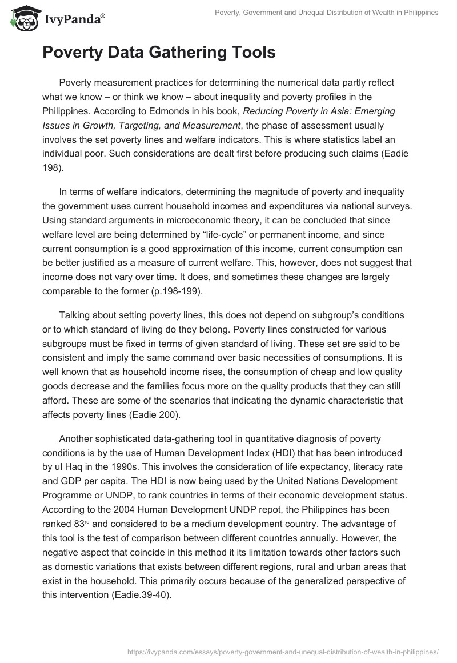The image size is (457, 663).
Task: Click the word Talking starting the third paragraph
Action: pos(75,315)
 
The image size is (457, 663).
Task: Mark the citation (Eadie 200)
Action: pos(150,416)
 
